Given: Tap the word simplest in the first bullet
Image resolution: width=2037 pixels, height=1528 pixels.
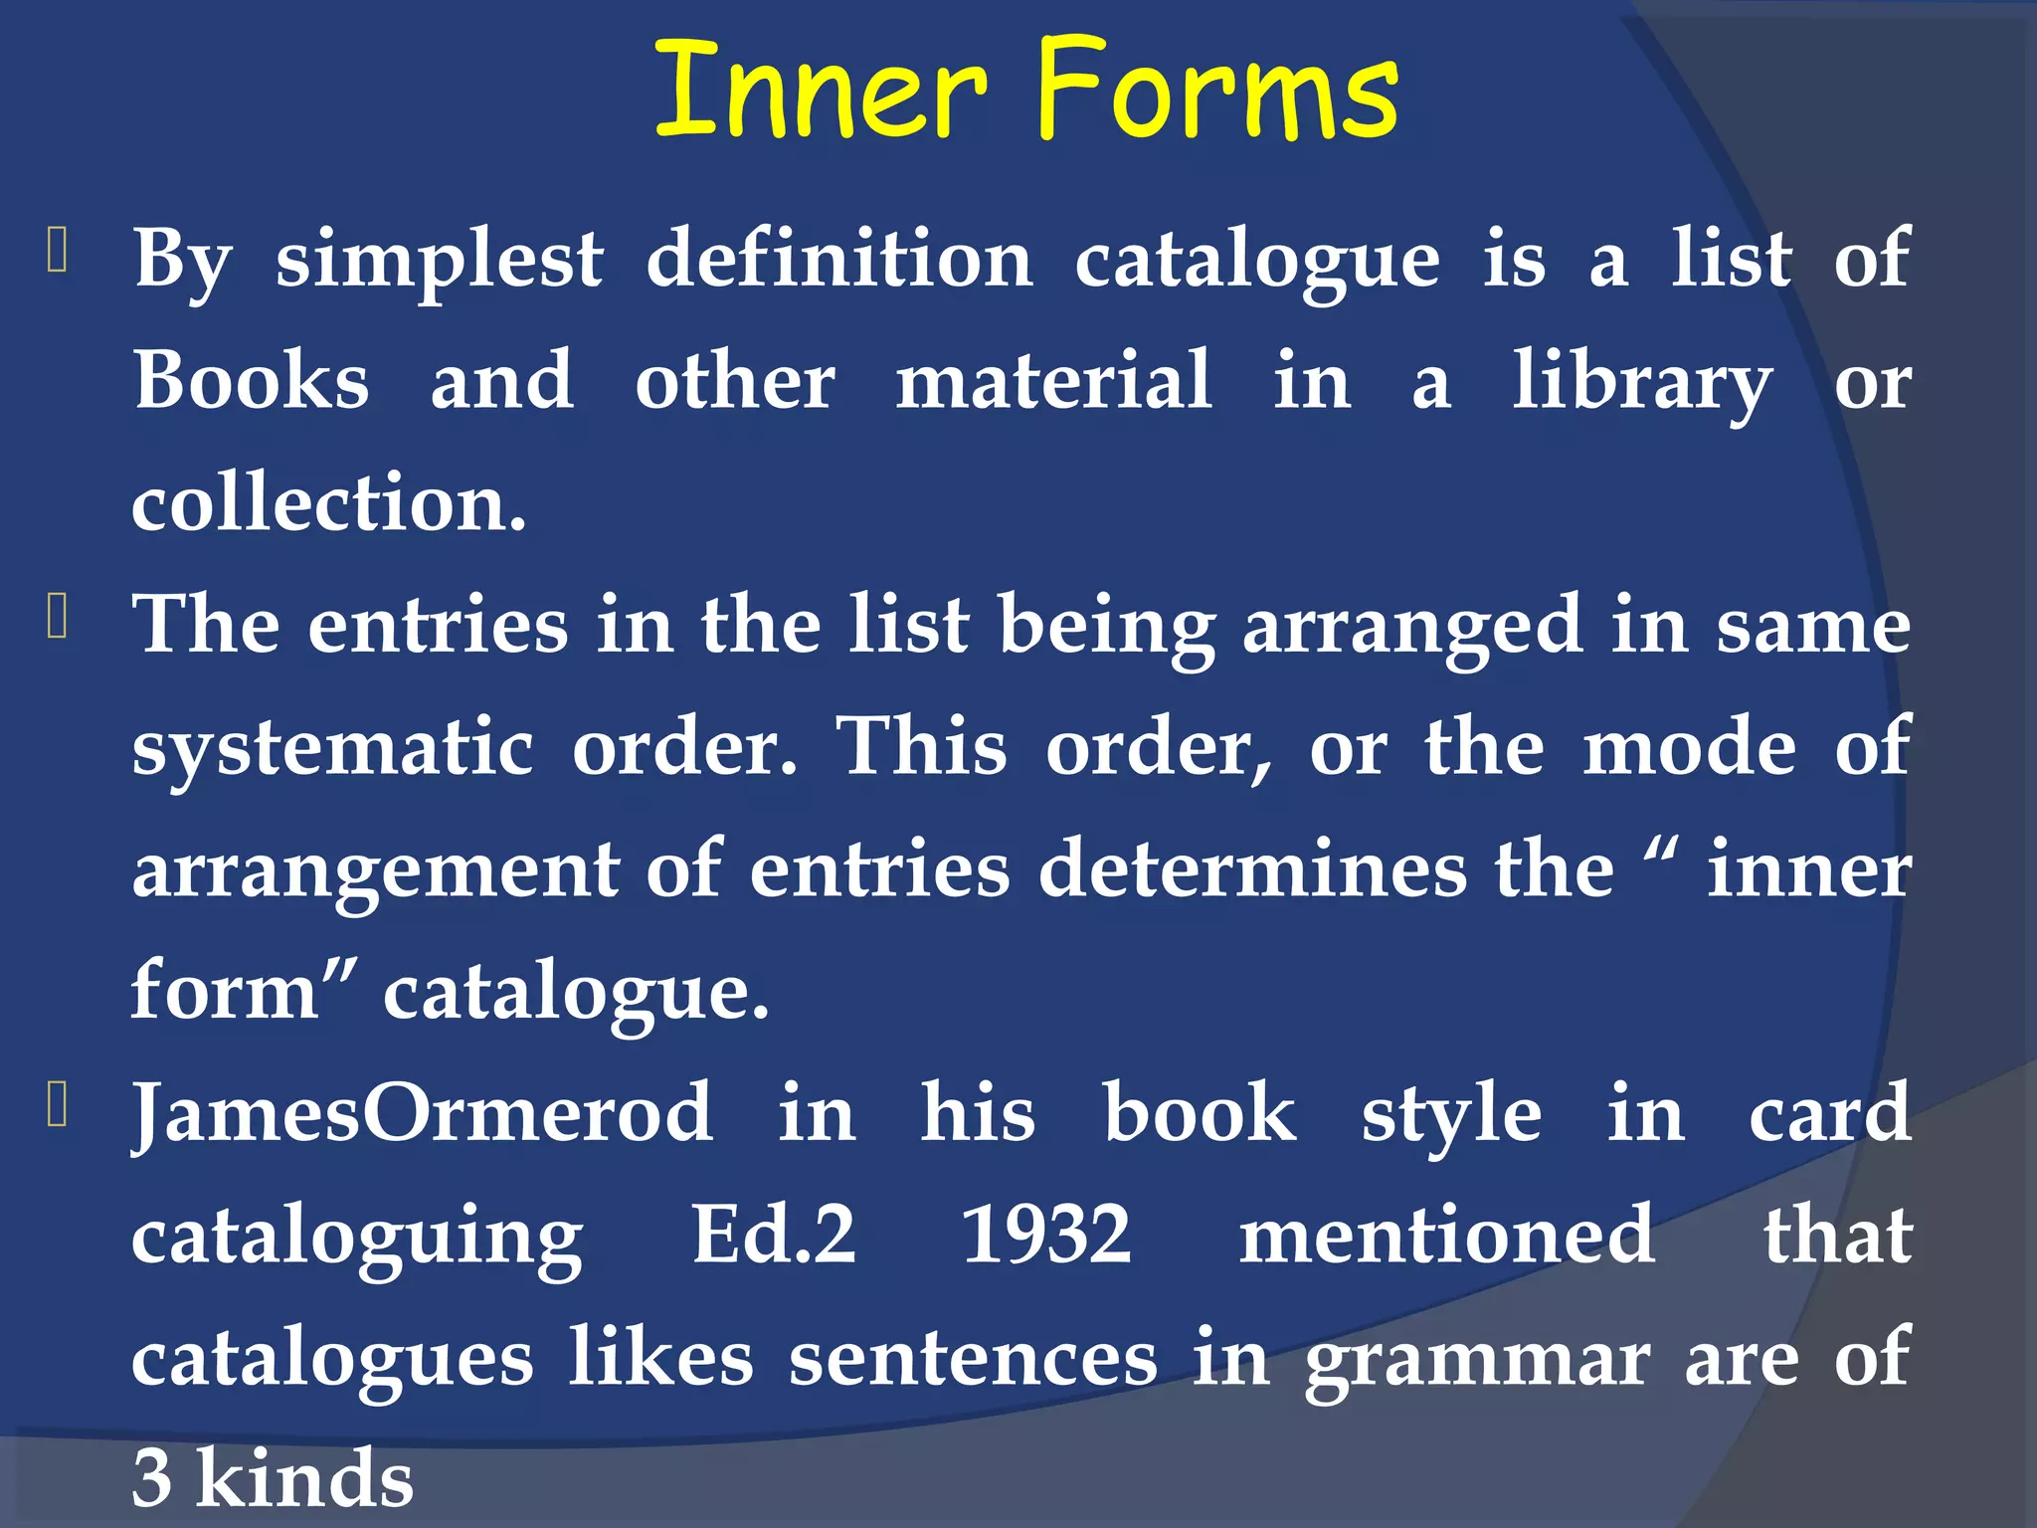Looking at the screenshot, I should coord(439,261).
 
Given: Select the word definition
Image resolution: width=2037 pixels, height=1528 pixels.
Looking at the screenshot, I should coord(839,259).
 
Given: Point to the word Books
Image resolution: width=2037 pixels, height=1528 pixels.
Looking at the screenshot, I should coord(252,381).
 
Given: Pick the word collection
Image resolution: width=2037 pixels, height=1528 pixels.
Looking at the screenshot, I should coord(328,503).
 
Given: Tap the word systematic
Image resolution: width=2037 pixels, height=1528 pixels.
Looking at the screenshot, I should coord(333,748).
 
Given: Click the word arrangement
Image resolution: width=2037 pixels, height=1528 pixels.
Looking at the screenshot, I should coord(377,871).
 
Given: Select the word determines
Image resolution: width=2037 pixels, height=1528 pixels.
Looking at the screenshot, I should coord(1252,869).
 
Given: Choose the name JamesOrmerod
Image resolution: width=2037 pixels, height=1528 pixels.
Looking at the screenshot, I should coord(423,1113).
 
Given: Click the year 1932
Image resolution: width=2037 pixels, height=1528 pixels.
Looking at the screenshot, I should coord(1046,1236).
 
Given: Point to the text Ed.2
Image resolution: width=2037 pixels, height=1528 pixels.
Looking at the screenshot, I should coord(773,1236).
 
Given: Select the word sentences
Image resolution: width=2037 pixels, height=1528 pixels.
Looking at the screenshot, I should coord(973,1359).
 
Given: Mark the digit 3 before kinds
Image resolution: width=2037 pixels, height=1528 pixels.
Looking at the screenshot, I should coord(152,1479).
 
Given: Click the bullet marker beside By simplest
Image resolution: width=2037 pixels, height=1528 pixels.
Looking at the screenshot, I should coord(57,252).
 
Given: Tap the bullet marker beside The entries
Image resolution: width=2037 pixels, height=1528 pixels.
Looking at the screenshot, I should coord(57,618).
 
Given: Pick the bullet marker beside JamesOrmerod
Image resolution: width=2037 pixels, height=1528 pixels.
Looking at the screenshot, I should coord(57,1106).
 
